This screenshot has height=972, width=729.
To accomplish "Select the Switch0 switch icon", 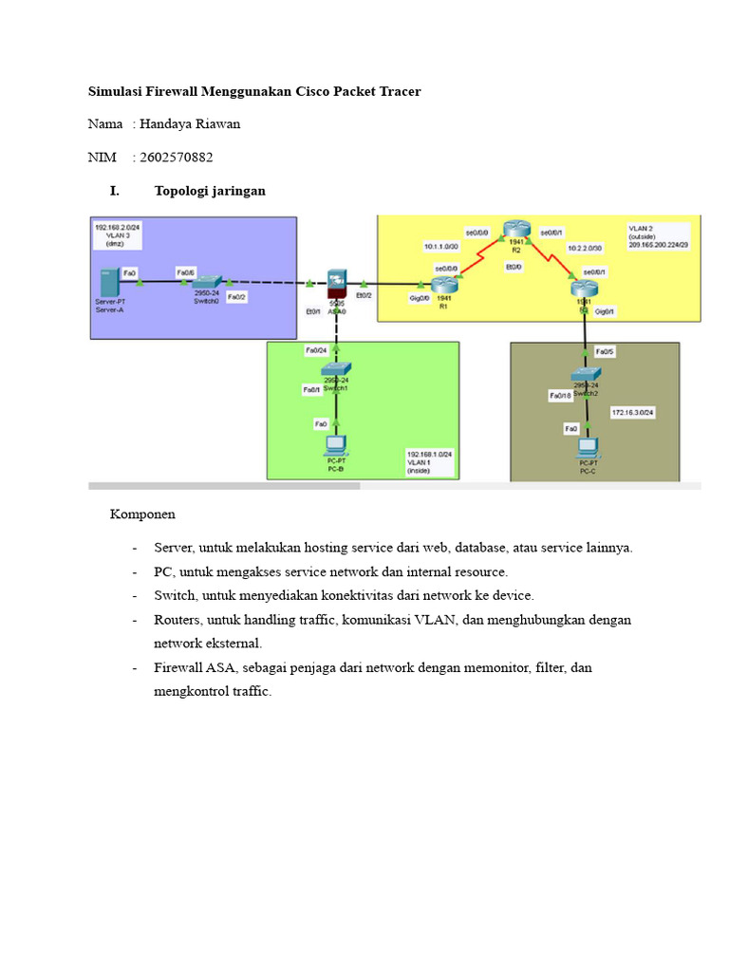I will pos(206,282).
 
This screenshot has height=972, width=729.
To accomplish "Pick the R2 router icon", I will pos(516,229).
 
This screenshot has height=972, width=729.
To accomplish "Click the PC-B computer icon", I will pos(336,443).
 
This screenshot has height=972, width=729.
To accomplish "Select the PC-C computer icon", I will pos(588,445).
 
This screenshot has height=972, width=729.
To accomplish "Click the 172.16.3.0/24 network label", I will pos(632,413).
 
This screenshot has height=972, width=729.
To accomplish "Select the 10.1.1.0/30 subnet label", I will pos(440,247).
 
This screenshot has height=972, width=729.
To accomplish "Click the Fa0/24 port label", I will pos(315,349).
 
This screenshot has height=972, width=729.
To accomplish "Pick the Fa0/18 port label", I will pos(560,395).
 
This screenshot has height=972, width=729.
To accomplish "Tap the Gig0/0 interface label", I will pos(420,298).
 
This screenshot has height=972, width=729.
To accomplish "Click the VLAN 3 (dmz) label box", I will pos(118,234).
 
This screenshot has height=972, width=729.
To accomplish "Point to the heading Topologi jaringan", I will pos(210,191).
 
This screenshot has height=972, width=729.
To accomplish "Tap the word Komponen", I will pos(142,514).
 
